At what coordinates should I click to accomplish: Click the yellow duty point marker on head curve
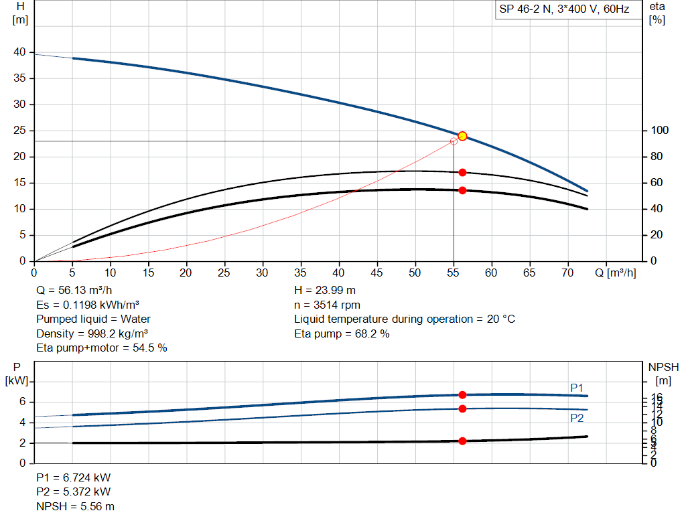(x=462, y=136)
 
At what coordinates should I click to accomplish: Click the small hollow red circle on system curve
(x=454, y=141)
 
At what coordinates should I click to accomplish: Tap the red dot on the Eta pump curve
(x=462, y=172)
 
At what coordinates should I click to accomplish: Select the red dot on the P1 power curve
(x=462, y=395)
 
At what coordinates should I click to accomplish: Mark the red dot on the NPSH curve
(x=462, y=441)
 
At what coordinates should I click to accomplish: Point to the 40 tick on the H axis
(x=19, y=52)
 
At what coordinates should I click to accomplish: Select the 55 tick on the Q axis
(x=454, y=273)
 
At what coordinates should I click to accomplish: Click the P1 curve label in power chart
(x=576, y=388)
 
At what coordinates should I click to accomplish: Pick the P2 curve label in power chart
(x=576, y=418)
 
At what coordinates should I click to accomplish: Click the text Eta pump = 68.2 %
(x=342, y=333)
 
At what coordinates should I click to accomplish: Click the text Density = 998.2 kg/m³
(x=92, y=333)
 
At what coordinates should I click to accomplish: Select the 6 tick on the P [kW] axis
(x=21, y=402)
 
